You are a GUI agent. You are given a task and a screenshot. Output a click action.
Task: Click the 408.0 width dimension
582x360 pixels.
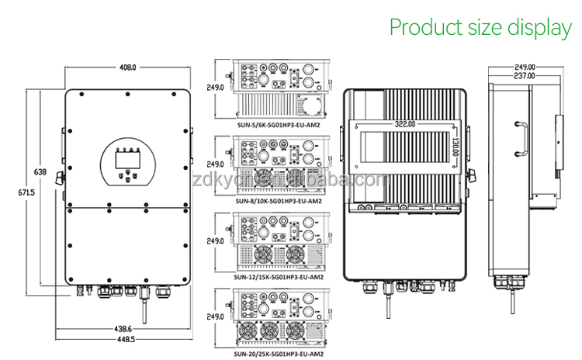click(127, 67)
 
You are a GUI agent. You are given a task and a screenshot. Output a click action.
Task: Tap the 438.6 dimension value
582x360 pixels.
click(127, 329)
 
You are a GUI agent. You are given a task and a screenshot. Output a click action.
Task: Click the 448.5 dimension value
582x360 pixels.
click(127, 340)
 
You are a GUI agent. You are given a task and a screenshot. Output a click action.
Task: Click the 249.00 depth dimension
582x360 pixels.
click(524, 67)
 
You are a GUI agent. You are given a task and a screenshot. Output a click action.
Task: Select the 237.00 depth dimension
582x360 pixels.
click(524, 76)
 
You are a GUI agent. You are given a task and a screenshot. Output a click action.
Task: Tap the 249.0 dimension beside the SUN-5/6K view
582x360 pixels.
click(215, 88)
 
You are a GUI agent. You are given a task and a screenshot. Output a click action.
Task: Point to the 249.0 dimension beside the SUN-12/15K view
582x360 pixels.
click(215, 241)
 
